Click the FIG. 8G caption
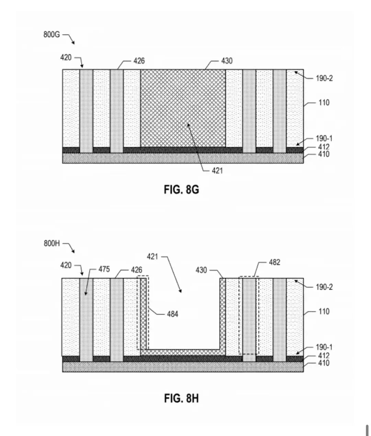click(181, 189)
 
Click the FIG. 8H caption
click(181, 399)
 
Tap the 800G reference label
click(52, 34)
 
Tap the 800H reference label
click(52, 243)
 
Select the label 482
click(274, 262)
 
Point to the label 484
click(172, 314)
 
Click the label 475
click(104, 269)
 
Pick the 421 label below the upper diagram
click(217, 171)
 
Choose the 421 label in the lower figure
click(152, 257)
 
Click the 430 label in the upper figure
click(227, 61)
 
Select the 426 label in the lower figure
click(137, 270)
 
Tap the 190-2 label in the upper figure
click(324, 78)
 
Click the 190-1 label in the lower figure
click(324, 347)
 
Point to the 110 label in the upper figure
click(324, 103)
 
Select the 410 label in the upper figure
click(324, 154)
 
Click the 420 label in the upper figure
click(66, 58)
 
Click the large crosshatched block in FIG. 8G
click(183, 108)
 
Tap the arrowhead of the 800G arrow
click(74, 43)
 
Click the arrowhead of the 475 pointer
click(86, 294)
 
